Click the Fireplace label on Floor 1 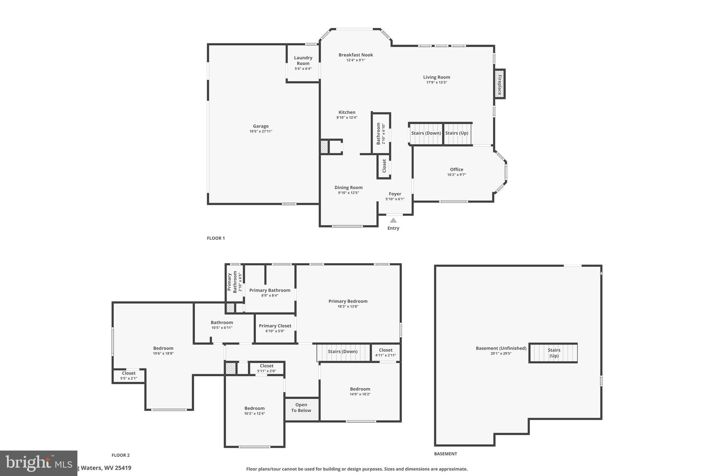[x=499, y=85]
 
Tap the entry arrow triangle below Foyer [x=393, y=220]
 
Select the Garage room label [x=261, y=126]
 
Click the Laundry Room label [x=303, y=61]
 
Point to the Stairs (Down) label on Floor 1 [x=426, y=133]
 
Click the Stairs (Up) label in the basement [x=554, y=353]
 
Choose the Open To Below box [x=301, y=408]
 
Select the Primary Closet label [x=275, y=326]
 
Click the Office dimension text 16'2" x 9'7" [x=456, y=175]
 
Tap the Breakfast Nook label [x=356, y=55]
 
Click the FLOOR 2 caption [x=121, y=455]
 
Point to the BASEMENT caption [x=445, y=454]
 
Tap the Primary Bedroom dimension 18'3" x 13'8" [x=348, y=307]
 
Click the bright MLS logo [x=38, y=463]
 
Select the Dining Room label [x=348, y=188]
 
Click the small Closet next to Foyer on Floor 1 [x=384, y=166]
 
